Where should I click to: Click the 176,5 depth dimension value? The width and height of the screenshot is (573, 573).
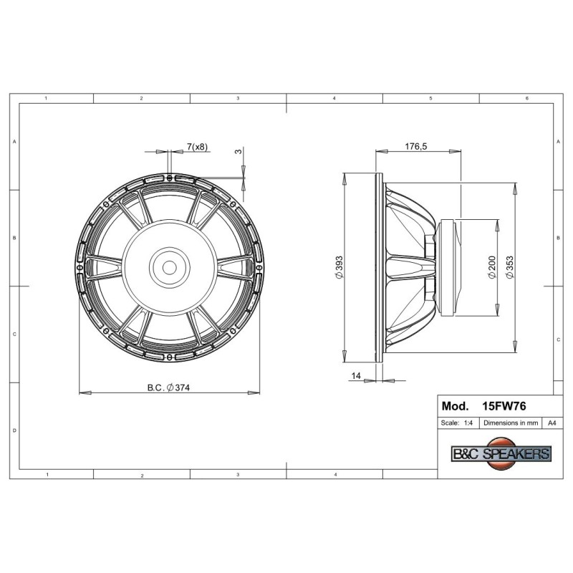tap(416, 147)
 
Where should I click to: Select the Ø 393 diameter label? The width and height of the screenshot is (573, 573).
tap(339, 267)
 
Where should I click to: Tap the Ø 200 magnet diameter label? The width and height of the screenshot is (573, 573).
tap(492, 267)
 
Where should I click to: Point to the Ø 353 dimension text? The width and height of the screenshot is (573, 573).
tap(510, 267)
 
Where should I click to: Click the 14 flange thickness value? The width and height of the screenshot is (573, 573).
tap(356, 375)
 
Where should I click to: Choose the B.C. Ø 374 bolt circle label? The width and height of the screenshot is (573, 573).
tap(168, 387)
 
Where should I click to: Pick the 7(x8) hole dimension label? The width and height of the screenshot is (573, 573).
tap(198, 147)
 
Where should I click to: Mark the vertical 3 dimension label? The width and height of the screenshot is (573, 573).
tap(239, 151)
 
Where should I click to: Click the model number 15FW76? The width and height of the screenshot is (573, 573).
tap(504, 406)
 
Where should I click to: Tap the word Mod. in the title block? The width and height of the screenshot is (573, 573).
tap(455, 406)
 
